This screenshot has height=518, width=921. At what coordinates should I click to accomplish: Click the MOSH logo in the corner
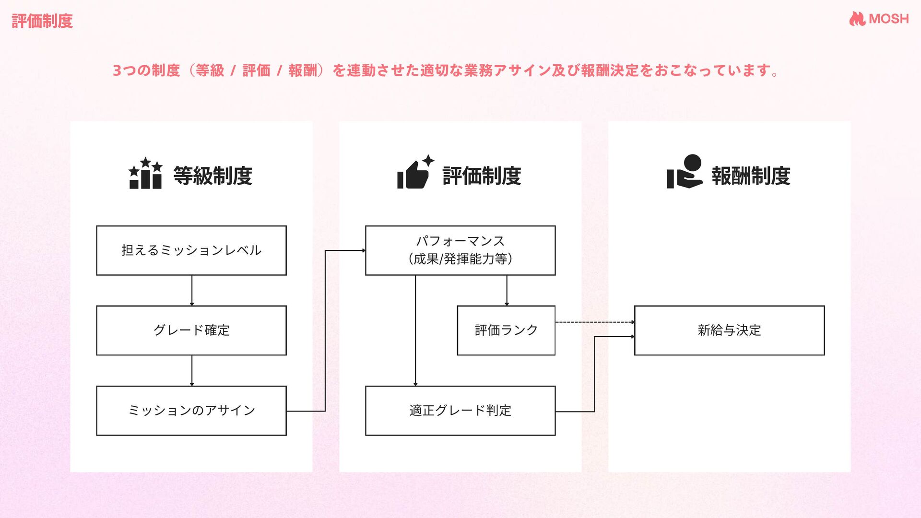click(879, 19)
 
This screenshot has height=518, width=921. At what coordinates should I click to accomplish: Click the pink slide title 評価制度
click(42, 21)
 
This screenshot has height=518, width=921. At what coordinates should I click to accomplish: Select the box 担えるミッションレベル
click(191, 250)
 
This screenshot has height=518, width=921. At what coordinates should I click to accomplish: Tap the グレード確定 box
click(191, 330)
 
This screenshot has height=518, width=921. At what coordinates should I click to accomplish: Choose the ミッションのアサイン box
click(191, 411)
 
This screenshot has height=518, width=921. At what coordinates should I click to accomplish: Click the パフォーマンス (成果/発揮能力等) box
click(460, 250)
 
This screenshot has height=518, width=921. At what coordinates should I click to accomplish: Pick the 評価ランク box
click(506, 330)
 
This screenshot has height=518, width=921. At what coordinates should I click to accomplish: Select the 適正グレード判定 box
click(460, 411)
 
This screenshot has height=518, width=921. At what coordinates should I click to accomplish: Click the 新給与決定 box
click(729, 330)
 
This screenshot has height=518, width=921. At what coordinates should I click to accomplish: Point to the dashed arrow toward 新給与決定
click(595, 322)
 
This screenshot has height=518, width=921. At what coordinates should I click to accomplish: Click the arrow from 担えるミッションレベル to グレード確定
click(192, 290)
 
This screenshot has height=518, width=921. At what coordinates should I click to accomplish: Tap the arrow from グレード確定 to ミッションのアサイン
click(192, 370)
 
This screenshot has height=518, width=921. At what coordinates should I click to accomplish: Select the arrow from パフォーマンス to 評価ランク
click(507, 290)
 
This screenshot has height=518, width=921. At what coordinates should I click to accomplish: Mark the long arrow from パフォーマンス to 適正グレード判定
click(415, 331)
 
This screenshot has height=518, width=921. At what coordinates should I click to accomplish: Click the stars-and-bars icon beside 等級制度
click(145, 174)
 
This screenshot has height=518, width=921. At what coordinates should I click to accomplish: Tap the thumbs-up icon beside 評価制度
click(415, 173)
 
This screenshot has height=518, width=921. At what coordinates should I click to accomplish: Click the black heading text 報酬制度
click(751, 176)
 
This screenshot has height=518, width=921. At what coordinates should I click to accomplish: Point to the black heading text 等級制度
click(213, 176)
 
